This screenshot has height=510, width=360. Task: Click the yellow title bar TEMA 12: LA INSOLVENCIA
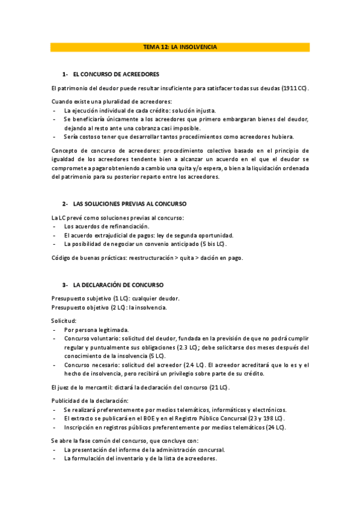pyautogui.click(x=180, y=47)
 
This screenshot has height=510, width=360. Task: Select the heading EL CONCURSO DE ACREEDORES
pyautogui.click(x=115, y=75)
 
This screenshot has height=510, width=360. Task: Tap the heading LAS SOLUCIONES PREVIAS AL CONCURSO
pyautogui.click(x=129, y=204)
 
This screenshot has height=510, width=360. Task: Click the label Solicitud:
pyautogui.click(x=64, y=321)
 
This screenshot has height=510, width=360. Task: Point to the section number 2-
pyautogui.click(x=65, y=204)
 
